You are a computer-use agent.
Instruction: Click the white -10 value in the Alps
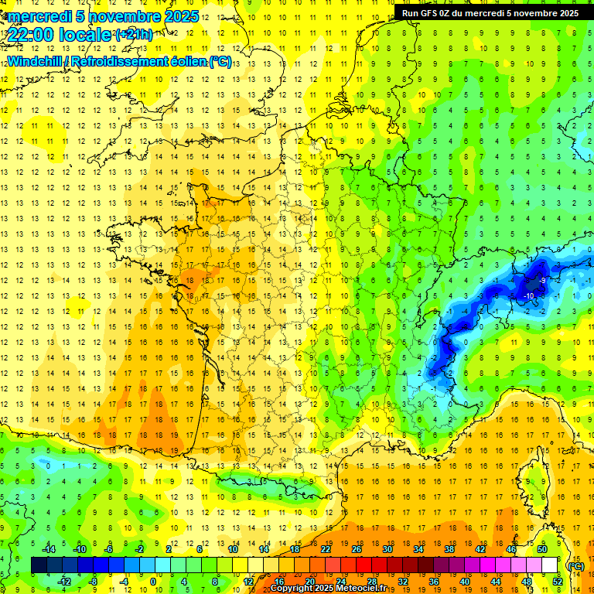pos(529,295)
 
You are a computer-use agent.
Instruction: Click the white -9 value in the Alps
pos(543,280)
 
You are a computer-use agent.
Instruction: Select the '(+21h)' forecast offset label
pos(134,34)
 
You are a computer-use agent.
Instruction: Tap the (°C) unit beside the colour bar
pos(575,565)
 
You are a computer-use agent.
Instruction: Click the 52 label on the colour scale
pos(558,581)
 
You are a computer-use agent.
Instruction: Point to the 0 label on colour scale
pos(153,581)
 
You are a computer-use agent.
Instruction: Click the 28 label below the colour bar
pos(371,581)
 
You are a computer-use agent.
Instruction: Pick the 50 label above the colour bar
pos(542,548)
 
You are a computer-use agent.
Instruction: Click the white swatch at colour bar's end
pos(550,565)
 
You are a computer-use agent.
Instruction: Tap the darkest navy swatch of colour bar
pos(39,565)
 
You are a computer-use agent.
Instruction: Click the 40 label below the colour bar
pos(465,581)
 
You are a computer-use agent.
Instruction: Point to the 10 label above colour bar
pos(233,548)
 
